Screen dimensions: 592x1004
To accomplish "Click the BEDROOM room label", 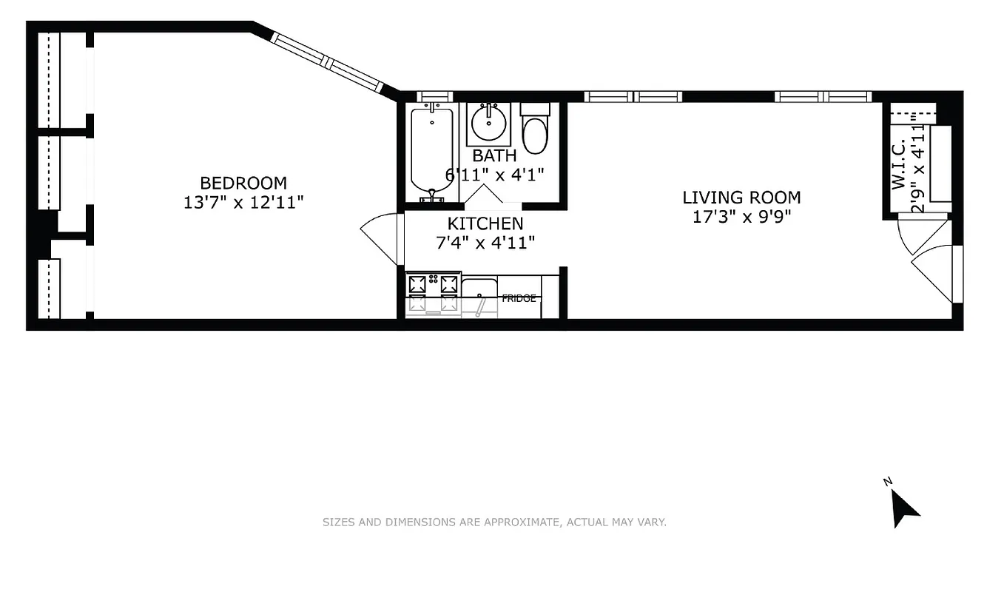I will [x=243, y=183].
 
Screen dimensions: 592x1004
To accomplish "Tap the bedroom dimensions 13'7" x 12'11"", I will [x=244, y=202].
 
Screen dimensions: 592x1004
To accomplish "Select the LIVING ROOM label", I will [x=741, y=198].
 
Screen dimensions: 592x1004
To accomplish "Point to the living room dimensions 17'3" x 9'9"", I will [x=741, y=217].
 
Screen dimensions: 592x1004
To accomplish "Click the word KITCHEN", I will [x=485, y=223].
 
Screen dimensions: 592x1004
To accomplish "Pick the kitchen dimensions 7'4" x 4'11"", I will [x=485, y=242].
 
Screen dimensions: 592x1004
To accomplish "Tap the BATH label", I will [x=493, y=156].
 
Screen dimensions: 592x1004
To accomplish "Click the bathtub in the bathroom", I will [x=431, y=151].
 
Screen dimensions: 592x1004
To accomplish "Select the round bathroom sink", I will [x=489, y=124].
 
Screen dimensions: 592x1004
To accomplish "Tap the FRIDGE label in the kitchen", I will [x=519, y=298].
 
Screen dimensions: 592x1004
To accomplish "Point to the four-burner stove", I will [x=432, y=294].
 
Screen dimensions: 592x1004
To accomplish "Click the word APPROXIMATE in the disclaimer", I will [x=521, y=522].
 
